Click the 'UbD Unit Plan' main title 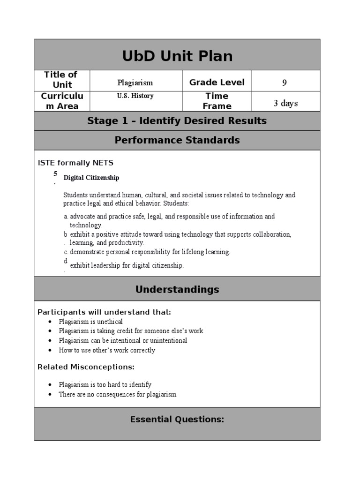(x=177, y=56)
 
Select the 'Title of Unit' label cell (x=61, y=80)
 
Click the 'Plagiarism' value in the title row (x=135, y=82)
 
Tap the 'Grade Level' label (x=217, y=82)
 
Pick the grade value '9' (x=285, y=83)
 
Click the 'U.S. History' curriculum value (x=135, y=96)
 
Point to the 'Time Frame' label (x=217, y=101)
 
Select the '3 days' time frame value (x=285, y=103)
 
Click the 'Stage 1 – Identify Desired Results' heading (x=177, y=121)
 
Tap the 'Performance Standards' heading (x=177, y=140)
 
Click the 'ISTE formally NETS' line (x=75, y=163)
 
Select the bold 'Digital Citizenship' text (x=91, y=178)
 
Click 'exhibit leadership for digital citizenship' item (x=127, y=265)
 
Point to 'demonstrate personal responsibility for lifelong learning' (x=150, y=252)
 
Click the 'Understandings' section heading (x=177, y=289)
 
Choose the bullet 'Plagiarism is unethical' (x=90, y=322)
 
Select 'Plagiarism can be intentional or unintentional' (x=123, y=340)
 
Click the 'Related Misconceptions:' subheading (x=86, y=367)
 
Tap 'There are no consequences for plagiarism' (x=117, y=394)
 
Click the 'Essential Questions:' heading (x=177, y=420)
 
